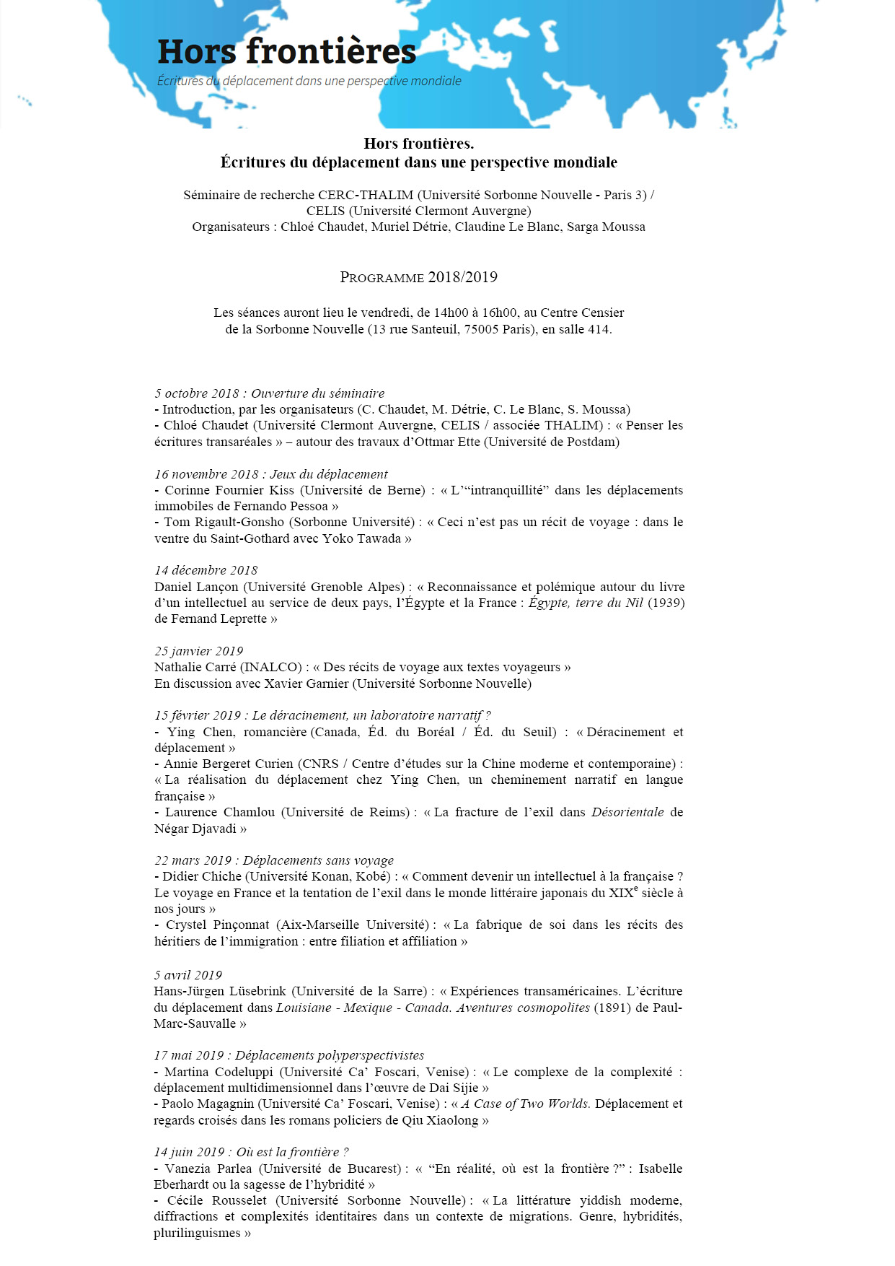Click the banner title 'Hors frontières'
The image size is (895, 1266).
pyautogui.click(x=286, y=52)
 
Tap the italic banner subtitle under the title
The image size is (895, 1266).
pyautogui.click(x=309, y=81)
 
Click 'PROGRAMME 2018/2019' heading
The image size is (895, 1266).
pyautogui.click(x=418, y=277)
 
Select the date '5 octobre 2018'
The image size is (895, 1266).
pyautogui.click(x=196, y=393)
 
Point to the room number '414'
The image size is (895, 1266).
pyautogui.click(x=598, y=329)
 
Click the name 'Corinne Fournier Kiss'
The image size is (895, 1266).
pyautogui.click(x=229, y=490)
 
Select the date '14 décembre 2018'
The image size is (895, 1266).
pyautogui.click(x=206, y=570)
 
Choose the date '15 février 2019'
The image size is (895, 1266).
pyautogui.click(x=198, y=715)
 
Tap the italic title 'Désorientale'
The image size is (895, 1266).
pyautogui.click(x=627, y=812)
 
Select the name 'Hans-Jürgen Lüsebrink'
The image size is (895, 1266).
pyautogui.click(x=220, y=991)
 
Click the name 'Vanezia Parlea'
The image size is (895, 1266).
pyautogui.click(x=208, y=1169)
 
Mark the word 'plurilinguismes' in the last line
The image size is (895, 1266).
pyautogui.click(x=197, y=1233)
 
